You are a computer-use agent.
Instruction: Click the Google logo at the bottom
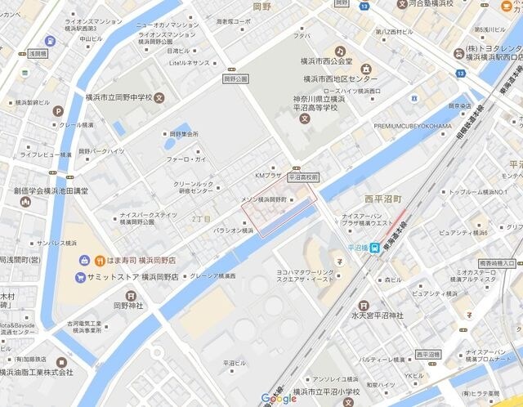coord(279,398)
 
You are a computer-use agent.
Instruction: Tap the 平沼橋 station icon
coord(373,248)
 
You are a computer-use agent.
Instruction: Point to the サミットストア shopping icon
coord(79,277)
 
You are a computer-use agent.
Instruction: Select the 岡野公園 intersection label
coord(234,79)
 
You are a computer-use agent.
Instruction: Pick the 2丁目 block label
coord(201,219)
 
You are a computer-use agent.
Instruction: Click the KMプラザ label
coord(268,175)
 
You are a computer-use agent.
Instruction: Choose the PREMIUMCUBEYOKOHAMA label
coord(412,126)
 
